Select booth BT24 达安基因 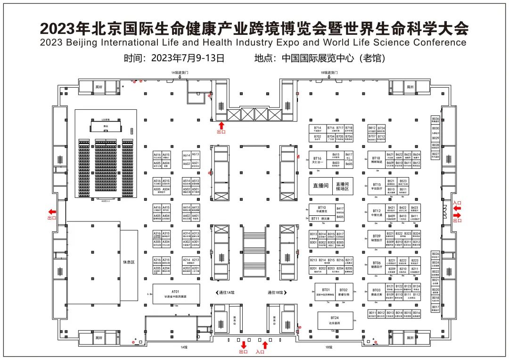pyautogui.click(x=335, y=320)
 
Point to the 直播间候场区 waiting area pyautogui.click(x=342, y=186)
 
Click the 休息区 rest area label pyautogui.click(x=129, y=262)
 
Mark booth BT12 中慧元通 pyautogui.click(x=376, y=213)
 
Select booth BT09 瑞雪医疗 pyautogui.click(x=376, y=238)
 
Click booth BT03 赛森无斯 pyautogui.click(x=376, y=292)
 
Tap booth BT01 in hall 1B pyautogui.click(x=326, y=292)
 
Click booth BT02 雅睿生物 pyautogui.click(x=343, y=292)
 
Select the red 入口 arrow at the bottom pyautogui.click(x=264, y=345)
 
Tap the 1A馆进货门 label pyautogui.click(x=180, y=73)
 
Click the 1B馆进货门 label pyautogui.click(x=329, y=73)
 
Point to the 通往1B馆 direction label pyautogui.click(x=276, y=293)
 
